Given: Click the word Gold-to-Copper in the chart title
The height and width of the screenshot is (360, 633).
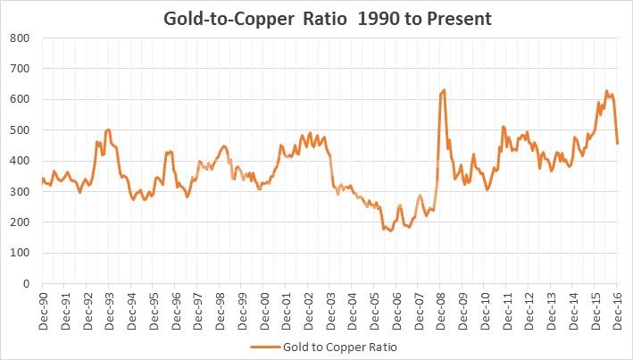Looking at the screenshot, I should click(x=221, y=17).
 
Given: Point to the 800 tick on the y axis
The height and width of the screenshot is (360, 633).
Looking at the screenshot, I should click(x=20, y=38).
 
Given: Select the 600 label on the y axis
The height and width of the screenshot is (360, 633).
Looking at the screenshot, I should click(x=20, y=99).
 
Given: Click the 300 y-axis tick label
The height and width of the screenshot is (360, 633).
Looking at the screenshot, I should click(x=20, y=191).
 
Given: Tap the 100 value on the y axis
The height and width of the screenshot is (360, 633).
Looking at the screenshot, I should click(x=20, y=253).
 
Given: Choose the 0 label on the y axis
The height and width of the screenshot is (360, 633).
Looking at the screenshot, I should click(x=26, y=284).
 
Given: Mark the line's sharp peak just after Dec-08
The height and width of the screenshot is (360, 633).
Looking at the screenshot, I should click(x=444, y=89).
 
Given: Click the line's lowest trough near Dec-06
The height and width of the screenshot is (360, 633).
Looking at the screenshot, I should click(x=391, y=230).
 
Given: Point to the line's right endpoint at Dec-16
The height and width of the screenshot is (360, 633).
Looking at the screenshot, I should click(x=618, y=143).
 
